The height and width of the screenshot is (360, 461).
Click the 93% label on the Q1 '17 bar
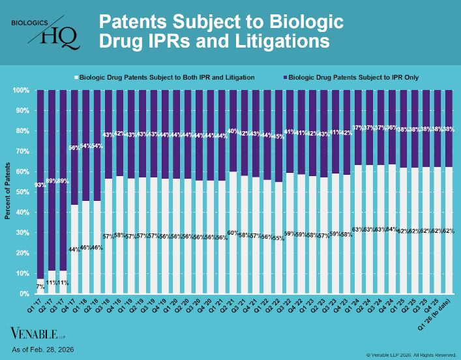tap(40, 186)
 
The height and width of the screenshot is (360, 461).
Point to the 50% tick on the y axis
tap(22, 192)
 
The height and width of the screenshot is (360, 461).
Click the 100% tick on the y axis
tap(20, 90)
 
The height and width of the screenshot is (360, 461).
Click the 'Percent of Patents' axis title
tap(7, 191)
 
